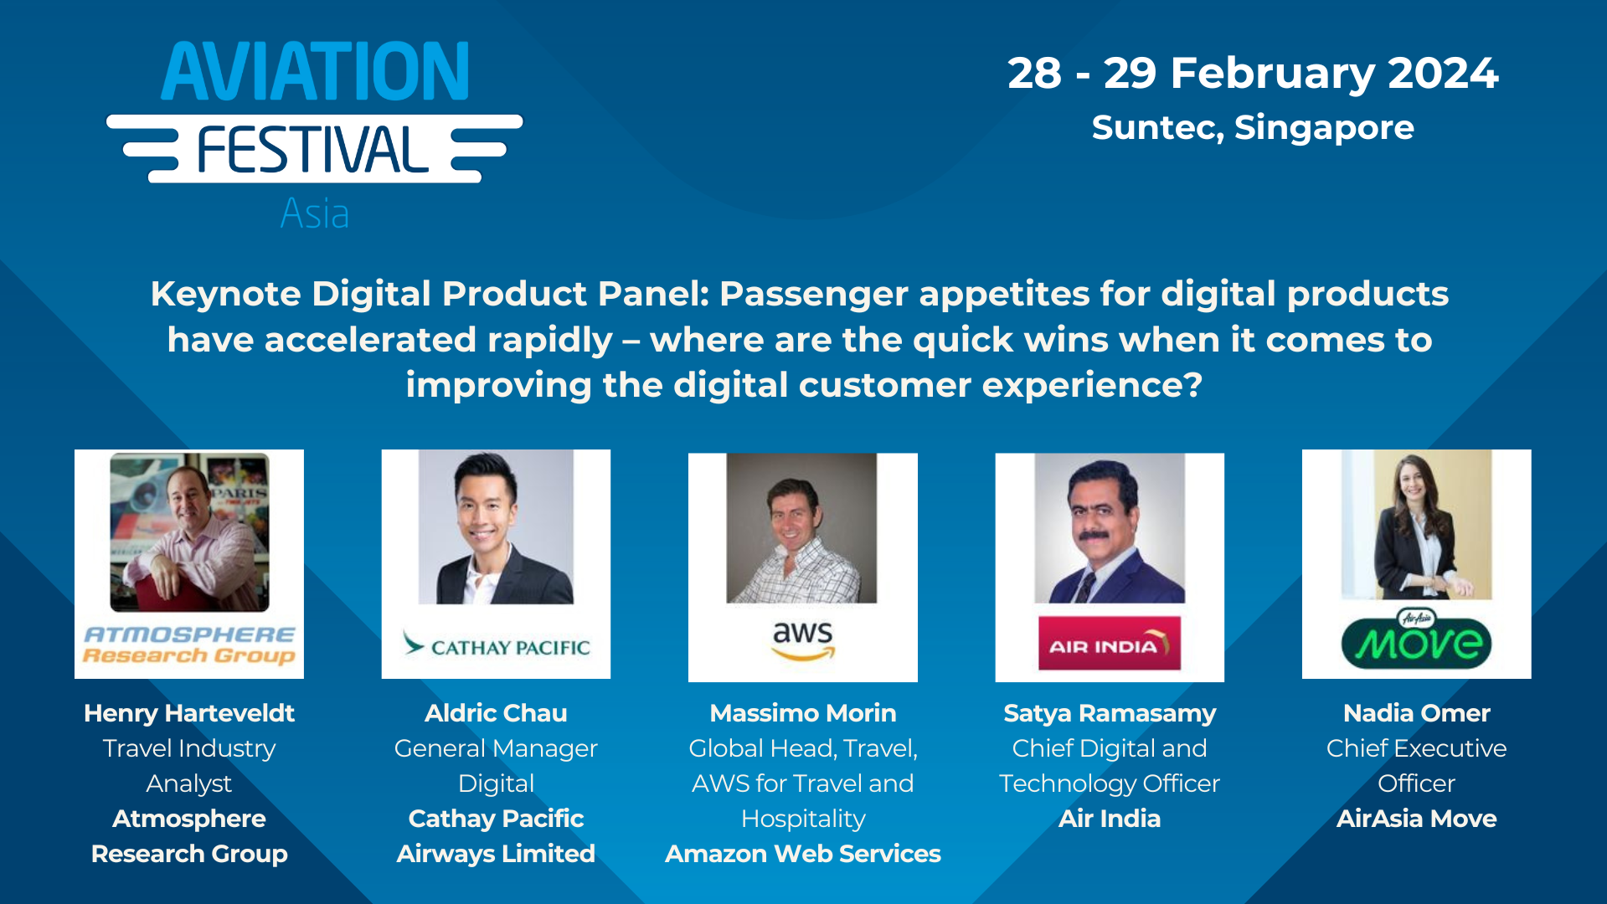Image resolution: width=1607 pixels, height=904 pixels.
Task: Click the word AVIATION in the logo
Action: (x=315, y=72)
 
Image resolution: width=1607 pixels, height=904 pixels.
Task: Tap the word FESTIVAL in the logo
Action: (x=312, y=151)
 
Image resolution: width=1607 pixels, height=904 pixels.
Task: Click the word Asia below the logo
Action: (x=314, y=213)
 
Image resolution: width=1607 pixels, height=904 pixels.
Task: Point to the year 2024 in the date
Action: (x=1442, y=73)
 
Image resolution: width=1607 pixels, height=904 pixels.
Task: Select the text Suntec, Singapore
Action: (x=1252, y=128)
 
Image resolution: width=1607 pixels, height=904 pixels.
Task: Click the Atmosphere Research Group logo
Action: (x=189, y=645)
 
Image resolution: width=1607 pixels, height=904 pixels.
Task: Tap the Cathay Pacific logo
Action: (x=496, y=645)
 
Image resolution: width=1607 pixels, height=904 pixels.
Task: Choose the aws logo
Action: (x=802, y=639)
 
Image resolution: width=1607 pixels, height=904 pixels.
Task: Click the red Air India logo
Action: (x=1109, y=644)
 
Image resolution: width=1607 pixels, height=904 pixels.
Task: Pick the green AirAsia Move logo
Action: (x=1416, y=643)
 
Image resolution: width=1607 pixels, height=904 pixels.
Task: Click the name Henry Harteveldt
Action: (x=189, y=713)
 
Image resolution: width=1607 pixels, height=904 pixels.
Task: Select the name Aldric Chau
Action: (x=496, y=713)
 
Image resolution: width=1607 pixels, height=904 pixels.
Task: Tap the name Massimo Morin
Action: (x=802, y=713)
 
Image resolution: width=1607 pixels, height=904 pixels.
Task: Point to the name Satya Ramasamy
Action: (x=1109, y=713)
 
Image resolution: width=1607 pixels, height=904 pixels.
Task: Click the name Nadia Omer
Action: (x=1416, y=713)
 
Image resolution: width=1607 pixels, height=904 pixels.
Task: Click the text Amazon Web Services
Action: (x=802, y=854)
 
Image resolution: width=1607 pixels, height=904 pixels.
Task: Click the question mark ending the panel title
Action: (x=1193, y=385)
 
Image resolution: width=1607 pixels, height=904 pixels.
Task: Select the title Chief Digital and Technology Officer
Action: (x=1109, y=766)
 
